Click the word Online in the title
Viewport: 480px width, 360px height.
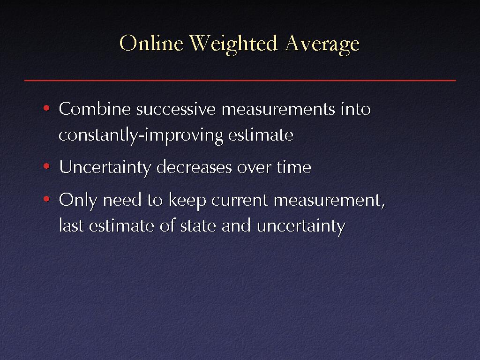(x=151, y=43)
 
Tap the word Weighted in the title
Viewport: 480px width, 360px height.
(x=233, y=45)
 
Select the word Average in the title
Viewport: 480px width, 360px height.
(x=322, y=45)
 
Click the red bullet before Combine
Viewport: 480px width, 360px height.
(x=46, y=108)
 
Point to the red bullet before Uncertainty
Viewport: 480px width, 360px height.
(x=46, y=166)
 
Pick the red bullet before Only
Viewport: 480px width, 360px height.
(x=46, y=199)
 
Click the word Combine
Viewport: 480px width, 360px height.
(x=95, y=109)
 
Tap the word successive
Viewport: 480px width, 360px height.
(x=176, y=109)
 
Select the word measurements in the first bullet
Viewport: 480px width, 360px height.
(x=278, y=110)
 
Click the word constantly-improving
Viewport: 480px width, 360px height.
(x=141, y=135)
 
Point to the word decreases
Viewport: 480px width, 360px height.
(x=194, y=167)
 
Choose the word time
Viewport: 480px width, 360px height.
(x=294, y=167)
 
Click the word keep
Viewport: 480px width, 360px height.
(x=187, y=201)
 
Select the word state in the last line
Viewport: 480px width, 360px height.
(x=198, y=226)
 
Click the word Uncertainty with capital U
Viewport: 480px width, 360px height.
(x=105, y=168)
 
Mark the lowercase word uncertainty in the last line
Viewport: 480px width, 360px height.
(x=301, y=226)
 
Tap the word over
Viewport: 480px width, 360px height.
(x=254, y=168)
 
